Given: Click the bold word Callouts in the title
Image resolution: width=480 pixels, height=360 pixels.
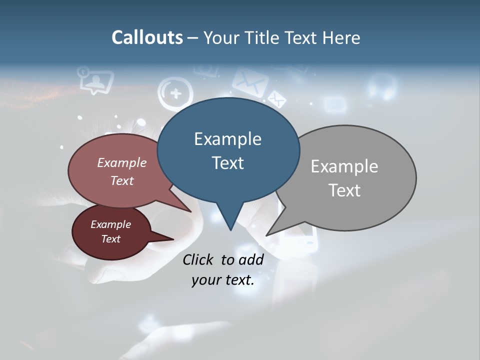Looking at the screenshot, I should click(x=147, y=37).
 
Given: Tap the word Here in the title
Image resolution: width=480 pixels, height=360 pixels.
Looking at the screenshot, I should click(x=342, y=37).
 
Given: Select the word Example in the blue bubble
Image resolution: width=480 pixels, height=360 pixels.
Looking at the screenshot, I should click(x=227, y=138).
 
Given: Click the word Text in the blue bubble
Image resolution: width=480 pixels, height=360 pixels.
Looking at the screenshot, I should click(x=227, y=162).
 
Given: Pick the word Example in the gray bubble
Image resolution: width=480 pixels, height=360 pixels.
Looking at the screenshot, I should click(x=344, y=166).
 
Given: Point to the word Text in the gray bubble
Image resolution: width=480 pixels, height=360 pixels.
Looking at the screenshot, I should click(x=344, y=190).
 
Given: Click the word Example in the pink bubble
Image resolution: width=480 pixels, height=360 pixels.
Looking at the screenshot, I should click(x=122, y=162).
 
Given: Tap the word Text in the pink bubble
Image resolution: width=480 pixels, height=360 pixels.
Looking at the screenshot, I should click(x=122, y=180).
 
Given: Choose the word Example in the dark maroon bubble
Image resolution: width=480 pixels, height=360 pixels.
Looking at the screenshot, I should click(x=110, y=224).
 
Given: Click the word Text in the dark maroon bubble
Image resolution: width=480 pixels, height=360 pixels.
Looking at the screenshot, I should click(x=110, y=239).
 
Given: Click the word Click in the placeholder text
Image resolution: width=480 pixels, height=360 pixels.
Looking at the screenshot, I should click(x=198, y=259).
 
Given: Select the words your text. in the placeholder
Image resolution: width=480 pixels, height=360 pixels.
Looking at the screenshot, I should click(x=222, y=280).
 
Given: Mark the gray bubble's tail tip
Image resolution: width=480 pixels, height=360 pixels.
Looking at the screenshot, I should click(x=267, y=234).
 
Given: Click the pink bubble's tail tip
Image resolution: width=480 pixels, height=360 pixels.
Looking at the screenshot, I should click(x=190, y=211).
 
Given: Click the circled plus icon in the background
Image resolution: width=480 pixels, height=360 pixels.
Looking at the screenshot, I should click(x=175, y=93).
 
